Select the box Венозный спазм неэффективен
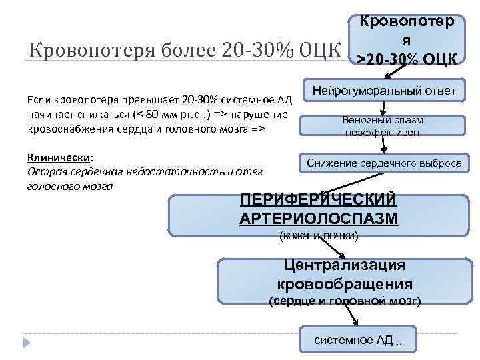coord(383,126)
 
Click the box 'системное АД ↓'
coord(359,339)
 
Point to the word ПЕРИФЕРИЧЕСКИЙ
coord(317,200)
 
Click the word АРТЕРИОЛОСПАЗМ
coord(317,218)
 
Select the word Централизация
coord(345,265)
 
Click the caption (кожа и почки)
coord(318,235)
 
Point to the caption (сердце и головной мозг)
coord(344,301)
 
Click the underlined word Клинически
coord(59,157)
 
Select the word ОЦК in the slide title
coord(317,51)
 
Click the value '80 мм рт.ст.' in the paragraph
coord(176,113)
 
